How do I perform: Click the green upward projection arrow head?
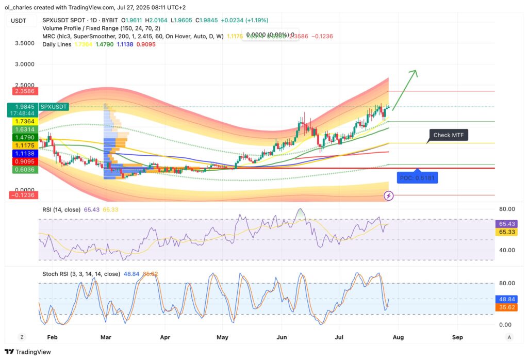tap(414, 73)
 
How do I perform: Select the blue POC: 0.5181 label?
tap(418, 178)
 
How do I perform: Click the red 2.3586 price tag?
tap(24, 91)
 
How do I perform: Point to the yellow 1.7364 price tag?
tap(24, 121)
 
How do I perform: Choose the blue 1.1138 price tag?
tap(24, 154)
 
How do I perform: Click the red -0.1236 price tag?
tap(24, 195)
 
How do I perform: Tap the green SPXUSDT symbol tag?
tap(54, 106)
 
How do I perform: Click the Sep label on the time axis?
tap(457, 337)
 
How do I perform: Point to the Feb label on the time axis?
tap(52, 337)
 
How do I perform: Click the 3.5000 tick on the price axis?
tap(25, 43)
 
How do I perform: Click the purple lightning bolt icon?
tap(389, 195)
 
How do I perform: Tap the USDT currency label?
tap(19, 21)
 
